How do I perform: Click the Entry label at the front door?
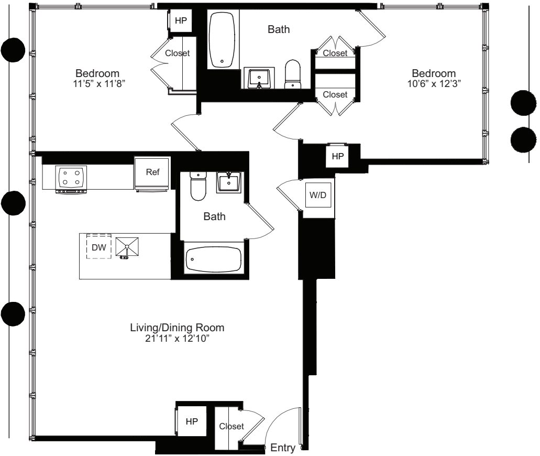tap(283, 448)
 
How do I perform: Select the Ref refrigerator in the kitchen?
tap(151, 172)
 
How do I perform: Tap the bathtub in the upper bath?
tap(223, 40)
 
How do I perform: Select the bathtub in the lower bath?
tap(213, 258)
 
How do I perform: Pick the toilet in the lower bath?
tap(198, 186)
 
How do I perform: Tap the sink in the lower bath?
tap(229, 183)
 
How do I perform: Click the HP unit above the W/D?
tap(337, 156)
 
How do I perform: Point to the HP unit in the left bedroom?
tap(180, 20)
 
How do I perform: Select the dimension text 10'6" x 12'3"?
tap(433, 83)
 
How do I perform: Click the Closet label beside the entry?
tap(231, 427)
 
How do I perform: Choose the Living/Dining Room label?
tap(177, 328)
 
